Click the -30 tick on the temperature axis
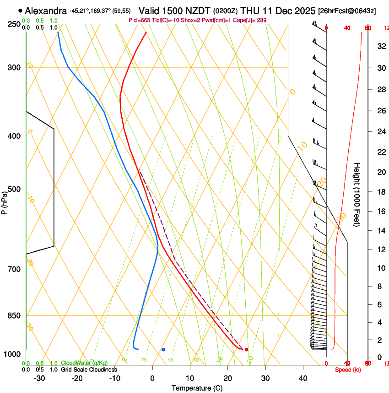click(39, 378)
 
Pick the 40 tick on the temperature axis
click(303, 378)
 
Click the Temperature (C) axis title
click(197, 388)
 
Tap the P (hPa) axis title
click(4, 202)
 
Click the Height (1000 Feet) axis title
click(357, 194)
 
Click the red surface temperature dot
click(246, 350)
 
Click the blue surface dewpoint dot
click(163, 350)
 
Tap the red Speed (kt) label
click(347, 370)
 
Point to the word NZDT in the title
click(195, 11)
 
